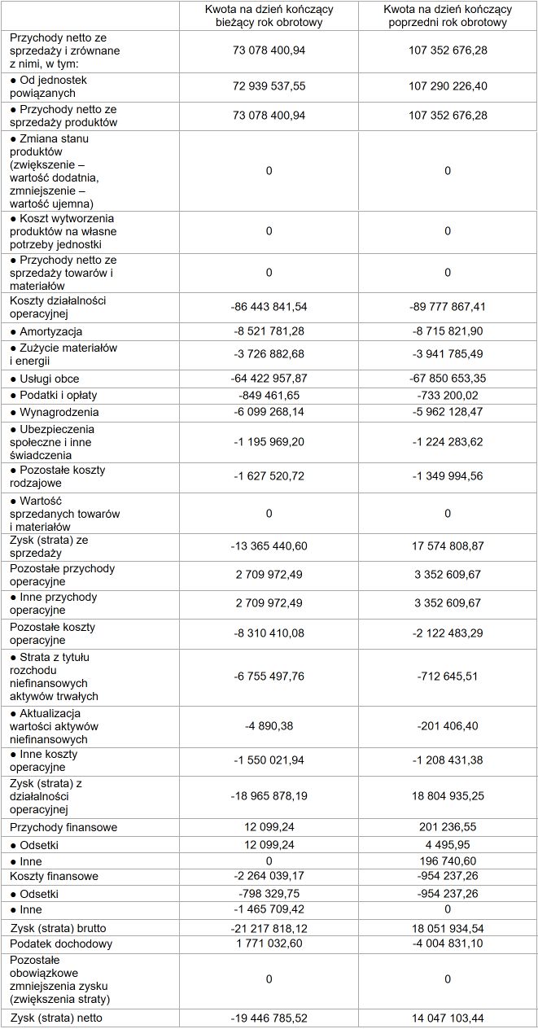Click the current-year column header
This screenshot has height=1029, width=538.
[269, 15]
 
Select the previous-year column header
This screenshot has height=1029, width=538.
[448, 15]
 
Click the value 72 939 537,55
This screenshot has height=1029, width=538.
[269, 85]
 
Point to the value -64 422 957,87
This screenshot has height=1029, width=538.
[269, 379]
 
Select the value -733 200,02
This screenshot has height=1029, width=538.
[448, 395]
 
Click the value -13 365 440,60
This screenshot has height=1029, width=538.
[269, 545]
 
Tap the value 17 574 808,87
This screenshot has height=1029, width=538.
[448, 545]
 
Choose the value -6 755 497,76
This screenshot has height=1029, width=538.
[269, 677]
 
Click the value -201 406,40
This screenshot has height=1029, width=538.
[448, 725]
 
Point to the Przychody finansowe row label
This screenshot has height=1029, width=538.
[63, 827]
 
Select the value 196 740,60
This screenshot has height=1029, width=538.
[448, 861]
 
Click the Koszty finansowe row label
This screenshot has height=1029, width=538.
[54, 877]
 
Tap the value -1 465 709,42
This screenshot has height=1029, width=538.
[269, 909]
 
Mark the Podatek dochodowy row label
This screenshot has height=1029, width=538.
[61, 944]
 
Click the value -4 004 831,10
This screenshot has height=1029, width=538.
[448, 944]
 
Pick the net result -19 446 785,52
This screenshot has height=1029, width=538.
[269, 1018]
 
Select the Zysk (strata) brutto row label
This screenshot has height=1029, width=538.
[58, 928]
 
